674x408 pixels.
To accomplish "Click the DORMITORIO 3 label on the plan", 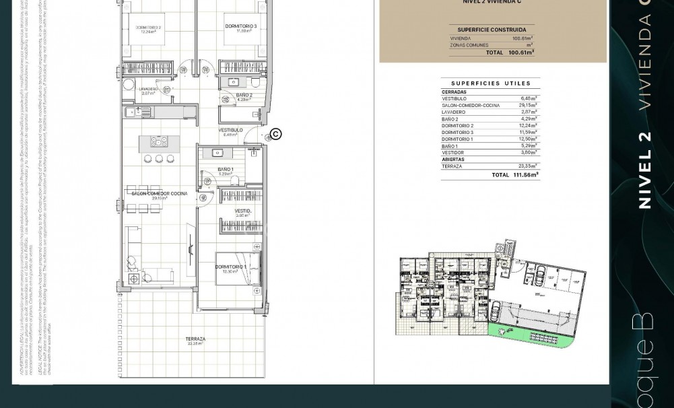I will pyautogui.click(x=240, y=26).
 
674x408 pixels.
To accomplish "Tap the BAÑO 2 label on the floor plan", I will pyautogui.click(x=244, y=96).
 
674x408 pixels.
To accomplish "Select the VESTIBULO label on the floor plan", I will pyautogui.click(x=230, y=130).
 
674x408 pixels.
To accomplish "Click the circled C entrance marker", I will pyautogui.click(x=275, y=135).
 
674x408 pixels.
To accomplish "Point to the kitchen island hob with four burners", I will pyautogui.click(x=159, y=141).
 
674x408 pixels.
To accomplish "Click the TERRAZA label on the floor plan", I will pyautogui.click(x=195, y=339).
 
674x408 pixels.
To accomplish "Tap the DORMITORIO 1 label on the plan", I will pyautogui.click(x=230, y=267).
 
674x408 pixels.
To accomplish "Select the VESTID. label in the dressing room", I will pyautogui.click(x=242, y=211).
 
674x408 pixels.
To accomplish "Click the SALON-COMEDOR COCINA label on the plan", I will pyautogui.click(x=159, y=194).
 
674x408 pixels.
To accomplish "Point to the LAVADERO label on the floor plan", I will pyautogui.click(x=149, y=89).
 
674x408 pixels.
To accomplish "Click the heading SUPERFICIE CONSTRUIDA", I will pyautogui.click(x=492, y=30).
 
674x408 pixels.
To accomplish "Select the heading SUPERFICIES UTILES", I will pyautogui.click(x=490, y=83).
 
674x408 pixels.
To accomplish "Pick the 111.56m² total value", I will pyautogui.click(x=526, y=175).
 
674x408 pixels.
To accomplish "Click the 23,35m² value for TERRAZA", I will pyautogui.click(x=527, y=166).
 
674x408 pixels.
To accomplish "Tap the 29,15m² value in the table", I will pyautogui.click(x=527, y=106).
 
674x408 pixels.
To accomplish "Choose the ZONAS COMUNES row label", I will pyautogui.click(x=469, y=45).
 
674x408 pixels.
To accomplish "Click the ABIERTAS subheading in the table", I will pyautogui.click(x=453, y=160).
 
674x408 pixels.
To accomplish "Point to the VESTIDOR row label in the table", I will pyautogui.click(x=452, y=153).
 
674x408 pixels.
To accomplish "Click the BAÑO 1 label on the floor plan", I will pyautogui.click(x=226, y=170).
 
